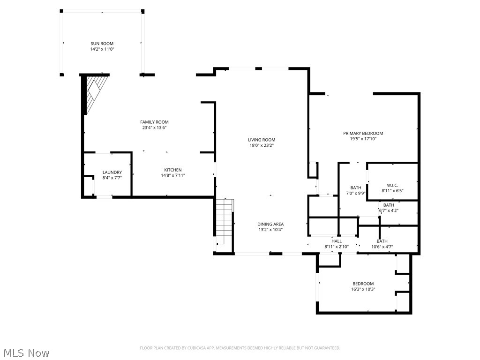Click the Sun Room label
tap(102, 44)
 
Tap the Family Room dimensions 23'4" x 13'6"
tap(154, 127)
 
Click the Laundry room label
tap(112, 172)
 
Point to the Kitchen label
tap(172, 170)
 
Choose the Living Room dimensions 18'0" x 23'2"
tap(262, 145)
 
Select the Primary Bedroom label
tap(363, 133)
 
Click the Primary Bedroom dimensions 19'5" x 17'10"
tap(363, 139)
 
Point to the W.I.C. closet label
tap(392, 185)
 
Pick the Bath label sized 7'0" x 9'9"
tap(356, 187)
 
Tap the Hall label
tap(337, 241)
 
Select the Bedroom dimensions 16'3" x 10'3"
tap(363, 289)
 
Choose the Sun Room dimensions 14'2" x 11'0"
tap(102, 49)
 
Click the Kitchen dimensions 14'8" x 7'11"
tap(172, 176)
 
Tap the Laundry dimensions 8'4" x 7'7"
tap(112, 178)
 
